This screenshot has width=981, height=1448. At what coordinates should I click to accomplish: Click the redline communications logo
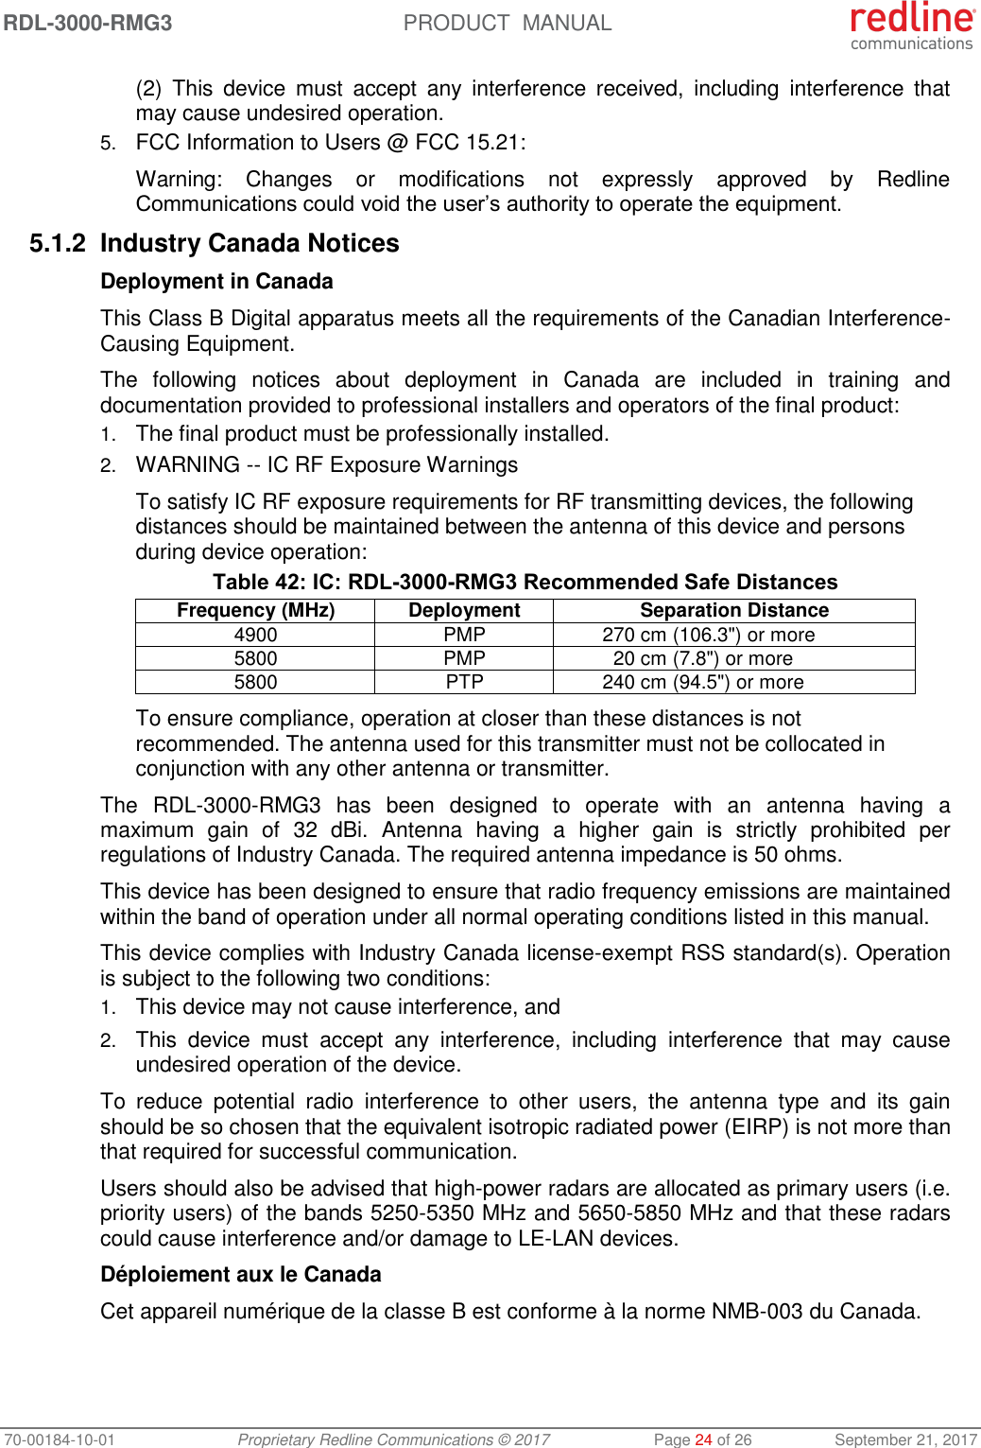(x=911, y=26)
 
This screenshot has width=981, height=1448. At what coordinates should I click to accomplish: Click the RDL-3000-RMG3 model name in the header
(x=88, y=23)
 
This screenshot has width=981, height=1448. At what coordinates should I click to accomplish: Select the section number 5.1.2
(x=58, y=244)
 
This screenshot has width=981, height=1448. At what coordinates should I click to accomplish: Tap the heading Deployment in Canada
(x=216, y=282)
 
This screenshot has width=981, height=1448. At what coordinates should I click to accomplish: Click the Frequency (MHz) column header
(x=255, y=610)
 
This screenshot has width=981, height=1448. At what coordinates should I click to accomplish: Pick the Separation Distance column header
(x=733, y=610)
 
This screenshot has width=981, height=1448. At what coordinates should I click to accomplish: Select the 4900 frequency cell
(x=255, y=635)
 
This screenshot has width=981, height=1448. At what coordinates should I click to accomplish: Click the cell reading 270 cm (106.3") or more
(x=708, y=635)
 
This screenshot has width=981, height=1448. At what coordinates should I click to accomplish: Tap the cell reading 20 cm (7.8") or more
(x=702, y=658)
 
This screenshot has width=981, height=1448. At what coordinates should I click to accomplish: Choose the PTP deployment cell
(x=464, y=682)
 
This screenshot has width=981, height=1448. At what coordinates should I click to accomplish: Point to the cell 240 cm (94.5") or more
(x=702, y=682)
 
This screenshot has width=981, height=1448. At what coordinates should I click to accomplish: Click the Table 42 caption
(x=525, y=582)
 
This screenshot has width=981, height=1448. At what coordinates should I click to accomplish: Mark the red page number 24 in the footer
(x=703, y=1439)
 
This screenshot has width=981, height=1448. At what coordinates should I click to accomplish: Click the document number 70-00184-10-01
(x=59, y=1439)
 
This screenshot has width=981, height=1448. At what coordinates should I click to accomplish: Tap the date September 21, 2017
(x=905, y=1439)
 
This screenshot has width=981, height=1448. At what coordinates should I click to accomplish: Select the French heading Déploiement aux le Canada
(x=241, y=1275)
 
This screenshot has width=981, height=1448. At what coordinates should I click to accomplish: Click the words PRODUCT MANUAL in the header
(x=508, y=23)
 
